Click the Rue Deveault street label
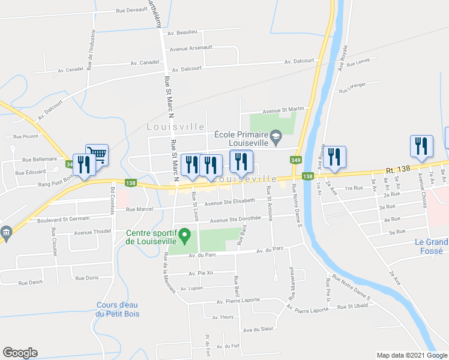pyautogui.click(x=132, y=10)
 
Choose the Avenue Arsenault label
pyautogui.click(x=191, y=48)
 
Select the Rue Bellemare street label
pyautogui.click(x=39, y=160)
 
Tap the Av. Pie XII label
pyautogui.click(x=200, y=273)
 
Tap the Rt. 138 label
pyautogui.click(x=397, y=170)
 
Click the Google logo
pyautogui.click(x=20, y=353)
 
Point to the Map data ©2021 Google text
pyautogui.click(x=411, y=355)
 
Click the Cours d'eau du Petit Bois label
pyautogui.click(x=116, y=309)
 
